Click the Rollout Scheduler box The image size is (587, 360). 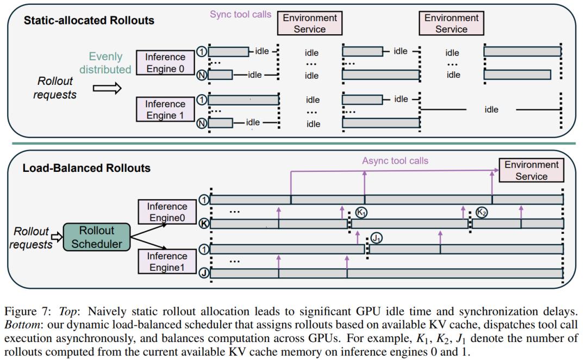pos(97,237)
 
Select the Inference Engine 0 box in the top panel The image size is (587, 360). pos(165,63)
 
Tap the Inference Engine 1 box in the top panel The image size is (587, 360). pos(165,109)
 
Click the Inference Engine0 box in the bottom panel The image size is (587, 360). pos(167,212)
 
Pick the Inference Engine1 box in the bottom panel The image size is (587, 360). pos(167,262)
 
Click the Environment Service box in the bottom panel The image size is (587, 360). pos(531,170)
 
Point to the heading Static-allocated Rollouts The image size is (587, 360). pos(89,20)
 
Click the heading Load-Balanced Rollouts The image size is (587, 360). pos(86,168)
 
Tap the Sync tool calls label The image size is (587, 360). pos(240,14)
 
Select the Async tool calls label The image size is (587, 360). pos(395,161)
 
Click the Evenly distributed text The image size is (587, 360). pos(105,63)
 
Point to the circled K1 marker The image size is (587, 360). pos(361,213)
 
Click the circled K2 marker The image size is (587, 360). pos(482,213)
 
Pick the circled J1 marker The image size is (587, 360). pos(376,238)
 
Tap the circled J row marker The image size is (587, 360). pos(204,272)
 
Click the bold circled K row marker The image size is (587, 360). pos(204,224)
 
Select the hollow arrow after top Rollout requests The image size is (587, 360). pos(107,89)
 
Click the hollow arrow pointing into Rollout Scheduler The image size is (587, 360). pos(57,237)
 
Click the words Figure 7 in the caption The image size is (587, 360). pos(27,312)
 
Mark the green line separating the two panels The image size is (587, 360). pos(293,144)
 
